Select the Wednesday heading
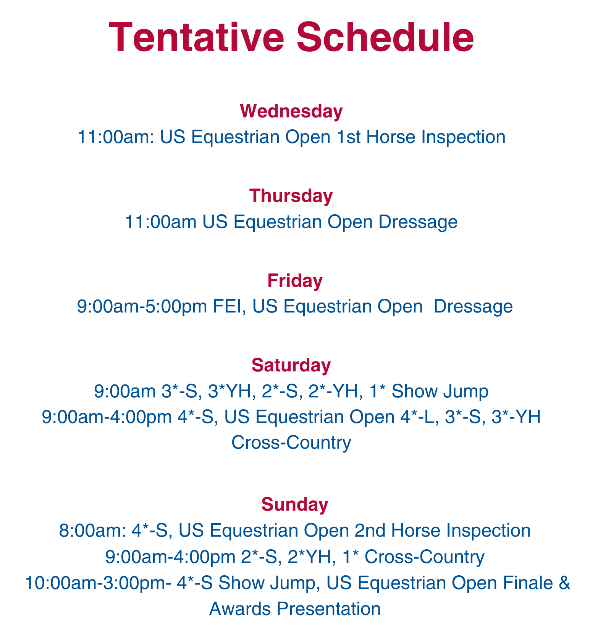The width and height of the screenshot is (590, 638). pos(291,111)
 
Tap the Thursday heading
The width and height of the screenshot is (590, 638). pos(291,196)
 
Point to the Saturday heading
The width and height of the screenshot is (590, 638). pos(291,365)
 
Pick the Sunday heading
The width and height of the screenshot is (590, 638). pos(294,505)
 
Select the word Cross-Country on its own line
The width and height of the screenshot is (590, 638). pos(291,443)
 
